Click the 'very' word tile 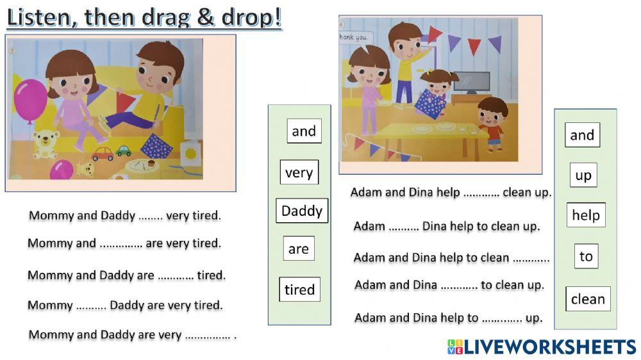[x=299, y=172]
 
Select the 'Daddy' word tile [x=302, y=211]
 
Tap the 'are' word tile [x=299, y=249]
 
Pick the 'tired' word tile [x=299, y=290]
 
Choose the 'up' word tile [x=583, y=175]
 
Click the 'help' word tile [x=585, y=215]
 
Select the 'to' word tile [x=586, y=256]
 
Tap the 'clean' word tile [x=588, y=299]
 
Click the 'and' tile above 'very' [x=304, y=131]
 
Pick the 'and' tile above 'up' [x=582, y=135]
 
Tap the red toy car [x=102, y=154]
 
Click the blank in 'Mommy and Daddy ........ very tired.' [x=151, y=217]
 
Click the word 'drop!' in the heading [x=248, y=17]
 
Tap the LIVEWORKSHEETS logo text [x=550, y=347]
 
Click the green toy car [x=123, y=151]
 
